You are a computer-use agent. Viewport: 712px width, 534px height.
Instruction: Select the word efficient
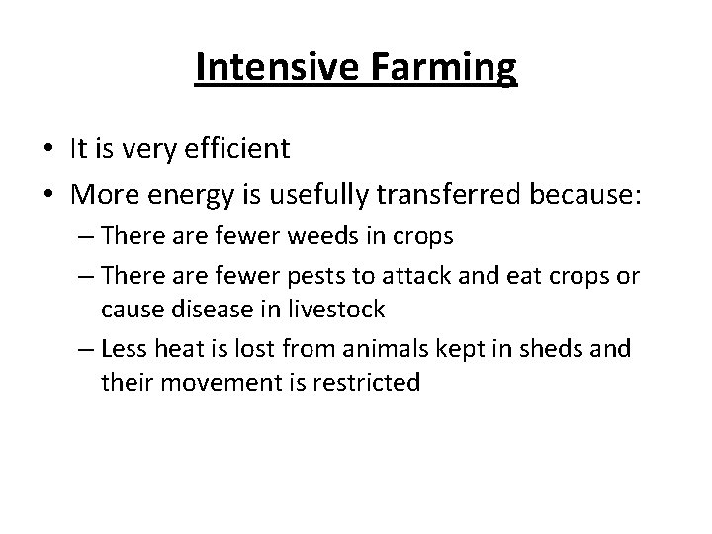(236, 149)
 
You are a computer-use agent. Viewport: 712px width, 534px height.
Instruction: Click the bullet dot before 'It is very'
(47, 150)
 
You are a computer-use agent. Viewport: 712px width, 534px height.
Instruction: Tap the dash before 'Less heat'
(84, 350)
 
